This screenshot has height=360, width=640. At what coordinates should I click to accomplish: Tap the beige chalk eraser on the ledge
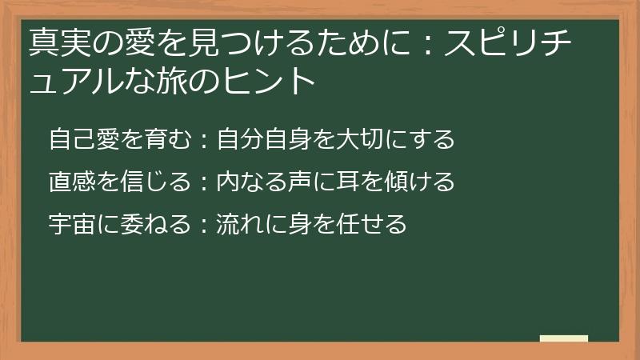564,339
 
